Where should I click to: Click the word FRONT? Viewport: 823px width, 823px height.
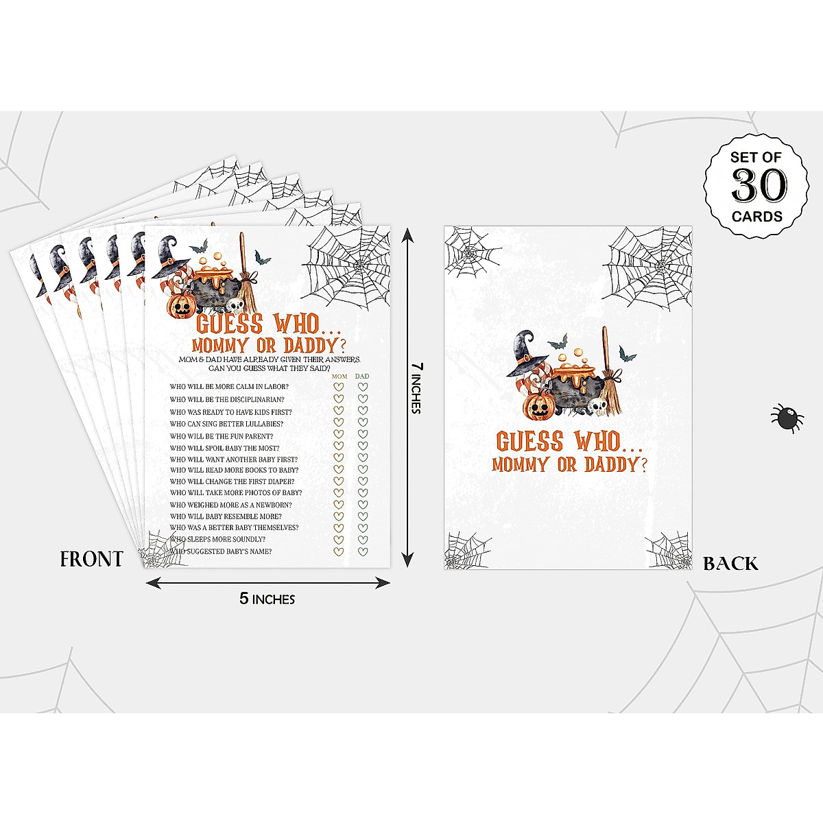91,559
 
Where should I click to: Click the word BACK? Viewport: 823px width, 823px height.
730,564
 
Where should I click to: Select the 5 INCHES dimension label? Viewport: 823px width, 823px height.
267,599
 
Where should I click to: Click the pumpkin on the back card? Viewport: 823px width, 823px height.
538,407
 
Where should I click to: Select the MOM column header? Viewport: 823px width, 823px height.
339,377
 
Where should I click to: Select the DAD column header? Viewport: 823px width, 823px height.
362,377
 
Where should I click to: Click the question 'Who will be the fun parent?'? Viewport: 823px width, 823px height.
222,436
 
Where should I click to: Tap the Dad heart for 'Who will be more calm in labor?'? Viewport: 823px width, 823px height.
362,387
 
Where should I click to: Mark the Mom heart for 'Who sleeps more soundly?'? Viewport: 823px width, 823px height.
338,540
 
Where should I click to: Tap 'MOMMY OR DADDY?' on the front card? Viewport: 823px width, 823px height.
267,345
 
